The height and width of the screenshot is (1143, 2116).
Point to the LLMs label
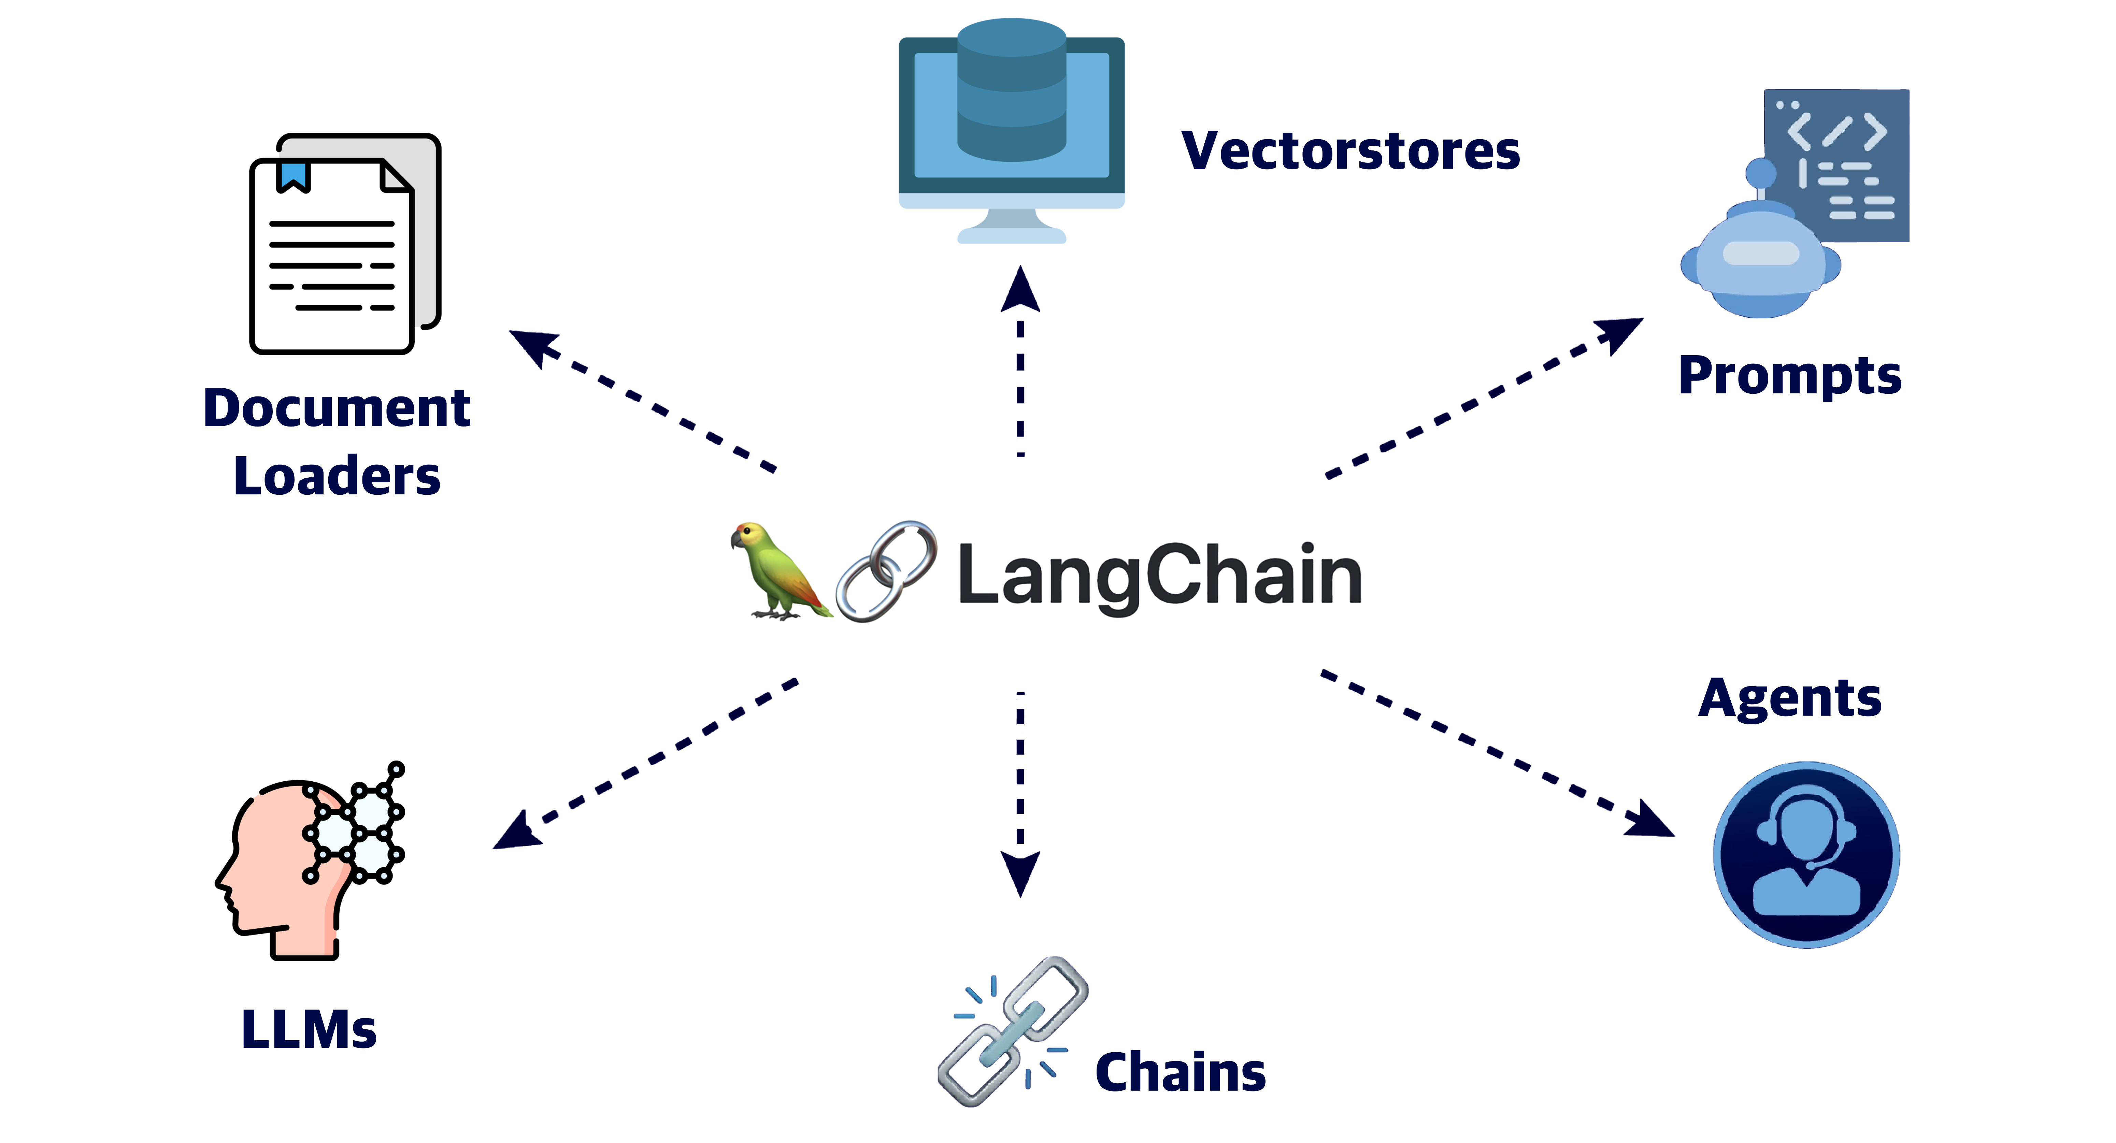pos(309,1030)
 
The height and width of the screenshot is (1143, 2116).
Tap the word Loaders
pos(337,476)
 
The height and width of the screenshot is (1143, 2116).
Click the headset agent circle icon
pos(1806,855)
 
